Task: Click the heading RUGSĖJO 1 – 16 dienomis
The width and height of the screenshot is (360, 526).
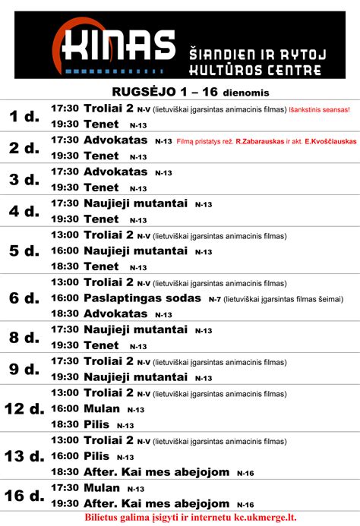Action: [x=180, y=92]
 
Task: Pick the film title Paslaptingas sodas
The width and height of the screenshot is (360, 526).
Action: [x=142, y=298]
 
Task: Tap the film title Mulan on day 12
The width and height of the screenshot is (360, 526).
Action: [x=102, y=408]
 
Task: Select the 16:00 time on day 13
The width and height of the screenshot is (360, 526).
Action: [x=65, y=455]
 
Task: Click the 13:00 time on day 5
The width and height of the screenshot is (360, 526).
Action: [x=65, y=235]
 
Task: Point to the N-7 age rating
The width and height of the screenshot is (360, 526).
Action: [x=215, y=299]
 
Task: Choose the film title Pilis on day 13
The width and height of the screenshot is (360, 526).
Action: [x=96, y=455]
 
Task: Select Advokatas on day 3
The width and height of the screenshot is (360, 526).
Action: [x=115, y=172]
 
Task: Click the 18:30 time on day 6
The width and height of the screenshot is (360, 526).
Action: [x=65, y=313]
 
